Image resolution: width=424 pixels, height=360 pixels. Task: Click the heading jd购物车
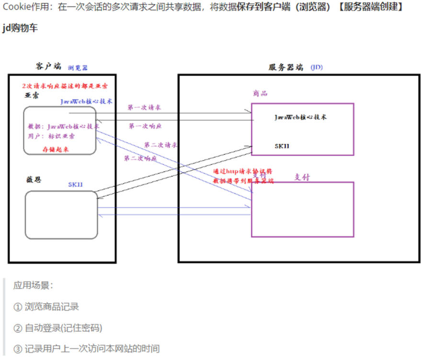tap(20, 28)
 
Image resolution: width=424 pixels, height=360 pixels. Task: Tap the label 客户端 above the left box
tap(48, 66)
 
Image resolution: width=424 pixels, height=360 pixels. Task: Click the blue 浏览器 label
tap(78, 68)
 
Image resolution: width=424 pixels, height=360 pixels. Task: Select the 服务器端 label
tap(286, 67)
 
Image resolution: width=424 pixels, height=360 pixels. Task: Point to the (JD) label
tap(317, 67)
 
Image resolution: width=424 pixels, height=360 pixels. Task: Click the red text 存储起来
tap(56, 149)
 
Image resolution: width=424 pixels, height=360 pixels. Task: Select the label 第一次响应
tap(145, 126)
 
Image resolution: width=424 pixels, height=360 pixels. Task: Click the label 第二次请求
tap(161, 144)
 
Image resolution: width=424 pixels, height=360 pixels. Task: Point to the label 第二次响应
tap(140, 158)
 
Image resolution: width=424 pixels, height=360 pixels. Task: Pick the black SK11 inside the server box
tap(282, 146)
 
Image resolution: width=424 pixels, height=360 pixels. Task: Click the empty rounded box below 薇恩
tap(60, 215)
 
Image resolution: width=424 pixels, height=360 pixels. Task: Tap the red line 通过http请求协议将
tap(242, 172)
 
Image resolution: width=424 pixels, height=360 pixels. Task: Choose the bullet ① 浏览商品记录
tap(46, 307)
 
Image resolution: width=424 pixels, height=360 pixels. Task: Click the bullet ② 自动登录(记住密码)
tap(57, 328)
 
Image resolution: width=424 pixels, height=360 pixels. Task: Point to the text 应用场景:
tap(34, 286)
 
